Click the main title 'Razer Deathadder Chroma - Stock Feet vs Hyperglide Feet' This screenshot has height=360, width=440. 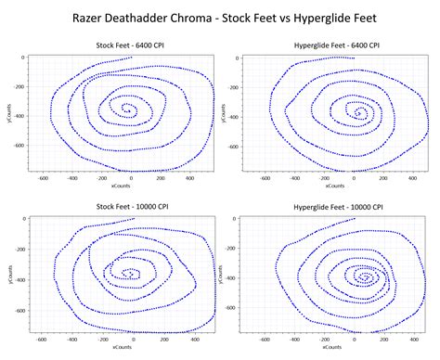pos(219,17)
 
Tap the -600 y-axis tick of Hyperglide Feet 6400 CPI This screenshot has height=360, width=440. pos(242,147)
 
